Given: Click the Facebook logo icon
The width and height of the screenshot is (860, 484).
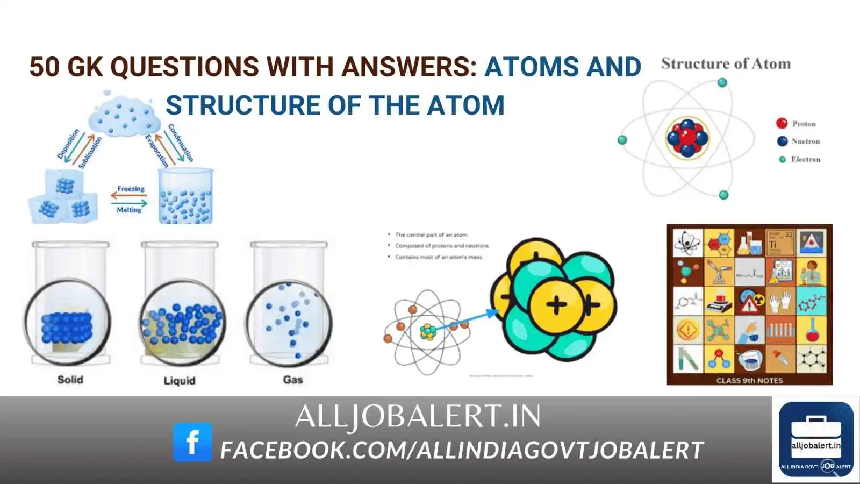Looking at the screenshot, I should [192, 442].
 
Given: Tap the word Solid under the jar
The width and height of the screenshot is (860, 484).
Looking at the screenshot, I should [70, 380].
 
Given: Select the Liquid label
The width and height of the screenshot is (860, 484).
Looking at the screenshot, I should [180, 381].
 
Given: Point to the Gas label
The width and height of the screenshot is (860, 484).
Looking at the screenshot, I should [293, 380].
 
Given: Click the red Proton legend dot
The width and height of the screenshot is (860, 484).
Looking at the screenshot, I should [782, 124].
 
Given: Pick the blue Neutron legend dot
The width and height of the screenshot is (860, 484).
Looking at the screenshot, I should [782, 141].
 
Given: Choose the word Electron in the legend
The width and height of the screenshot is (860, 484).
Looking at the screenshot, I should [805, 159].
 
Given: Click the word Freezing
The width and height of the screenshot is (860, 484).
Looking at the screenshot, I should [131, 189].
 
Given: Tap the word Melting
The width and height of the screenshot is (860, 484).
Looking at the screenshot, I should [129, 210].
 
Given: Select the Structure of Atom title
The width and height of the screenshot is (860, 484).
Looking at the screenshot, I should [726, 64].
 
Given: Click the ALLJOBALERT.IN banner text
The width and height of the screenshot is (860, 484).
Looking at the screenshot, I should [418, 417].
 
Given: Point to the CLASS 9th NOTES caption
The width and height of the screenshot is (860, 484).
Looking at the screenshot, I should [749, 380].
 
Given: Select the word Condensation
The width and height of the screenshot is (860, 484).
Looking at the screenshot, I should [181, 143].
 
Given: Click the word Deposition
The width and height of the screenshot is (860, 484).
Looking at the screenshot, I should [68, 144].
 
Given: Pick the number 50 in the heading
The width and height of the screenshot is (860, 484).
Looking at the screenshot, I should [44, 67].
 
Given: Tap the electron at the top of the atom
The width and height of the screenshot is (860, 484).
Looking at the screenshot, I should [722, 83].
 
